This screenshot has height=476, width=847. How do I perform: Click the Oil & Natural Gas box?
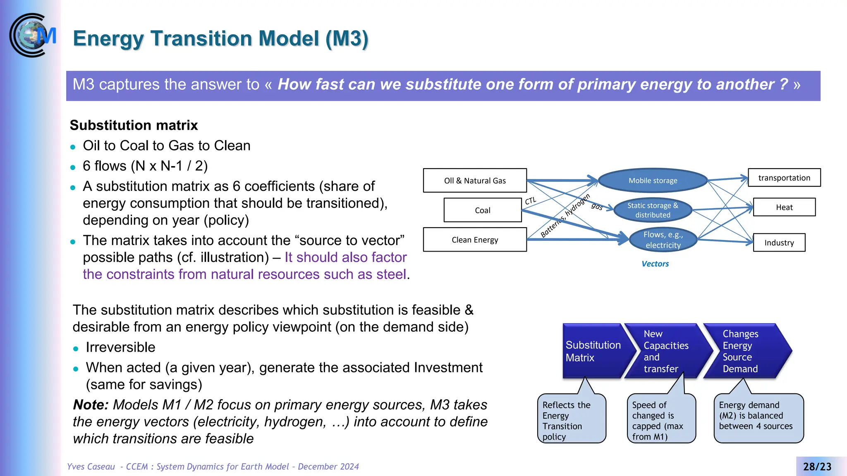[475, 181]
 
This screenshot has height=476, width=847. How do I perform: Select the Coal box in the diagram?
[482, 210]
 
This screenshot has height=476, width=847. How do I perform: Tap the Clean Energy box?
[475, 240]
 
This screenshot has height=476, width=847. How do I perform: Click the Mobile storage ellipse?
[653, 181]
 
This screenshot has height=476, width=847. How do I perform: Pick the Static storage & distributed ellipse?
[653, 210]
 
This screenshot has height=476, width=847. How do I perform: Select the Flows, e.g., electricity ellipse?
[663, 240]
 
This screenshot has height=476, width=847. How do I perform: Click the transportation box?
[784, 178]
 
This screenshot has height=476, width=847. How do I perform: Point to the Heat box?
[784, 207]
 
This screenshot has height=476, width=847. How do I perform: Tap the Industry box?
[779, 243]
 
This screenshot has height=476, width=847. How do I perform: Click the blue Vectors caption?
[655, 264]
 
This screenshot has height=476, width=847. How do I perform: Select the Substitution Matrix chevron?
[593, 351]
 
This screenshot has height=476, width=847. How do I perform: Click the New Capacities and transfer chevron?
[666, 351]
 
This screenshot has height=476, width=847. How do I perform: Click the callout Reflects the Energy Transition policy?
[572, 419]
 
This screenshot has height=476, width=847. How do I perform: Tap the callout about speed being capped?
[661, 419]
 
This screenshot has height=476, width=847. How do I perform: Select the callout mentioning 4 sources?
[758, 417]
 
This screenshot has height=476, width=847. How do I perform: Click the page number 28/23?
[817, 466]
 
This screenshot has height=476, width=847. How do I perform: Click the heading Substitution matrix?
[134, 125]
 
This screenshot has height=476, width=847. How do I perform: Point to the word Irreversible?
[120, 347]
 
